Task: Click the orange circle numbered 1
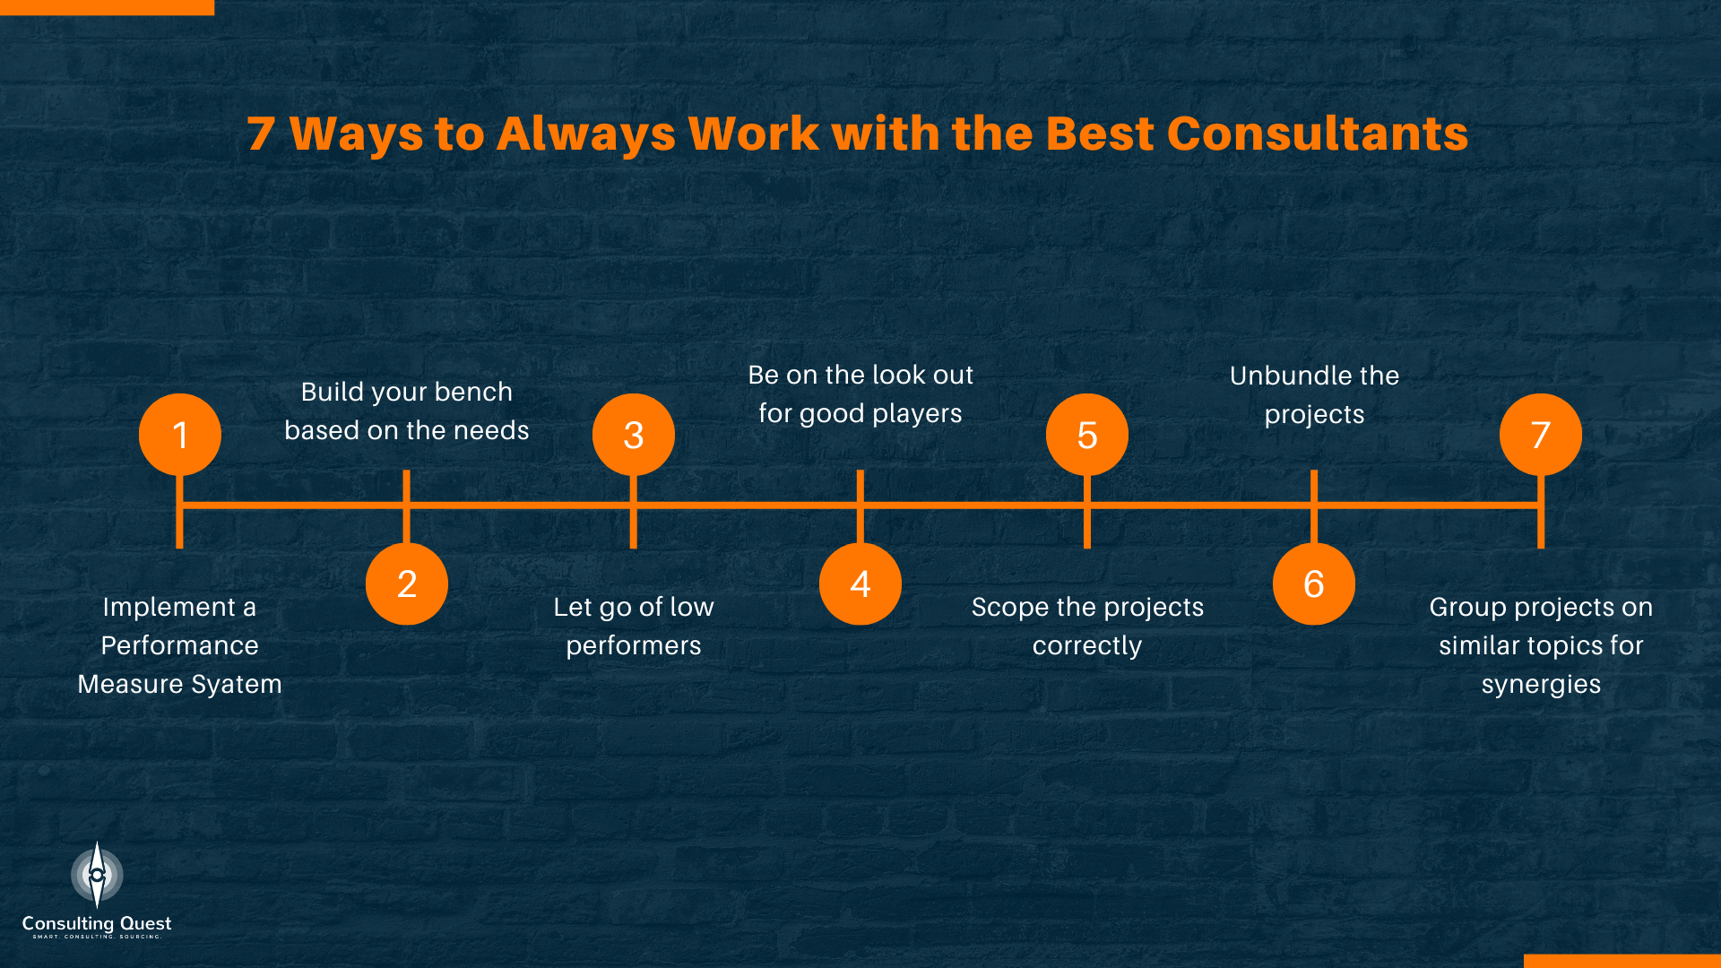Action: [x=180, y=435]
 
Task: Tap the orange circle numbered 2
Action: [x=407, y=583]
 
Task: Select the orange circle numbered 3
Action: [x=634, y=435]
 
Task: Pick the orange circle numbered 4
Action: [x=860, y=583]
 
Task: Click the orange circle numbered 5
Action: [x=1087, y=435]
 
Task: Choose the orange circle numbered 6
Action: [x=1314, y=583]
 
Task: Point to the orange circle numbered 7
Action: [x=1541, y=435]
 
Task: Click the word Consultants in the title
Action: [x=1317, y=134]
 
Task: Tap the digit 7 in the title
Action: [x=261, y=134]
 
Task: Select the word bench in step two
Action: [x=473, y=392]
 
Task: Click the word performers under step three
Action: [x=634, y=646]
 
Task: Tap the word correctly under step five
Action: [x=1087, y=646]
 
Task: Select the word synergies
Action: [x=1541, y=685]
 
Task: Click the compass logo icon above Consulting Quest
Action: [x=97, y=874]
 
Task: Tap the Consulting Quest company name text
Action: [x=97, y=923]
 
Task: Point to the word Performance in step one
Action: [x=180, y=645]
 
